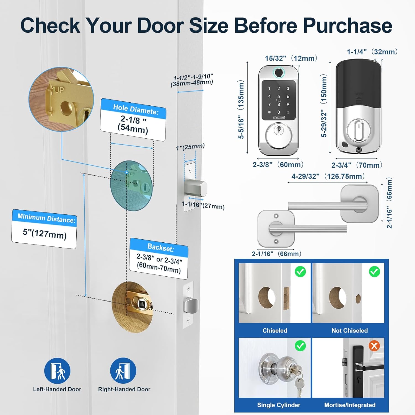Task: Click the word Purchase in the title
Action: coord(347,25)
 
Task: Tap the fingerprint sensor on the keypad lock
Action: coord(279,73)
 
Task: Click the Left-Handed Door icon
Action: coord(57,371)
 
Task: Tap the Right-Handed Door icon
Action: coord(123,371)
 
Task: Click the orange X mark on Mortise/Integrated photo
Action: coord(374,346)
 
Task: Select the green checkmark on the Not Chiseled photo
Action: coord(374,272)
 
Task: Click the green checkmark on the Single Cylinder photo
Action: coord(300,346)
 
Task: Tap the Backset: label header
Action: coord(161,247)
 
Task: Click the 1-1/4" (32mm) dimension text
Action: coord(372,52)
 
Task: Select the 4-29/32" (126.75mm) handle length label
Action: coord(328,176)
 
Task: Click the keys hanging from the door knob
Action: coord(298,379)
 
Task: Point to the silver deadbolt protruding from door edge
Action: coord(196,188)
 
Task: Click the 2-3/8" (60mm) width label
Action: coord(278,165)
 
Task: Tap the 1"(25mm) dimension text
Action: coord(190,147)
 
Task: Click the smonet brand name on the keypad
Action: coord(279,118)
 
